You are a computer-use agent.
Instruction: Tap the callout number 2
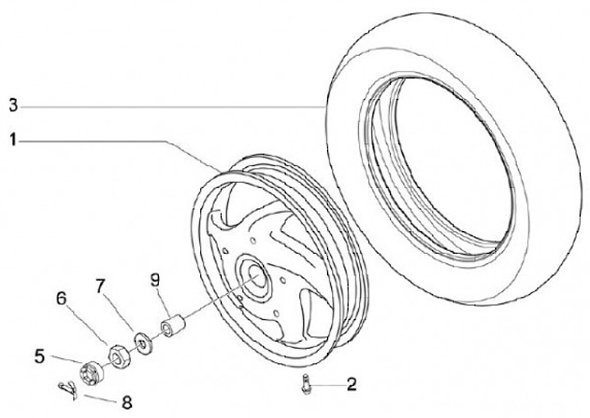[x=351, y=383]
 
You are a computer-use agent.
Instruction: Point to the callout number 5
[x=39, y=356]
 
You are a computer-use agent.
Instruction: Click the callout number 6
[x=61, y=299]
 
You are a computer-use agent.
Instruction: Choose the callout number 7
[x=100, y=286]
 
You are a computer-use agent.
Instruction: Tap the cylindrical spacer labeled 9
[x=173, y=327]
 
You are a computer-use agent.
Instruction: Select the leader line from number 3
[x=164, y=106]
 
